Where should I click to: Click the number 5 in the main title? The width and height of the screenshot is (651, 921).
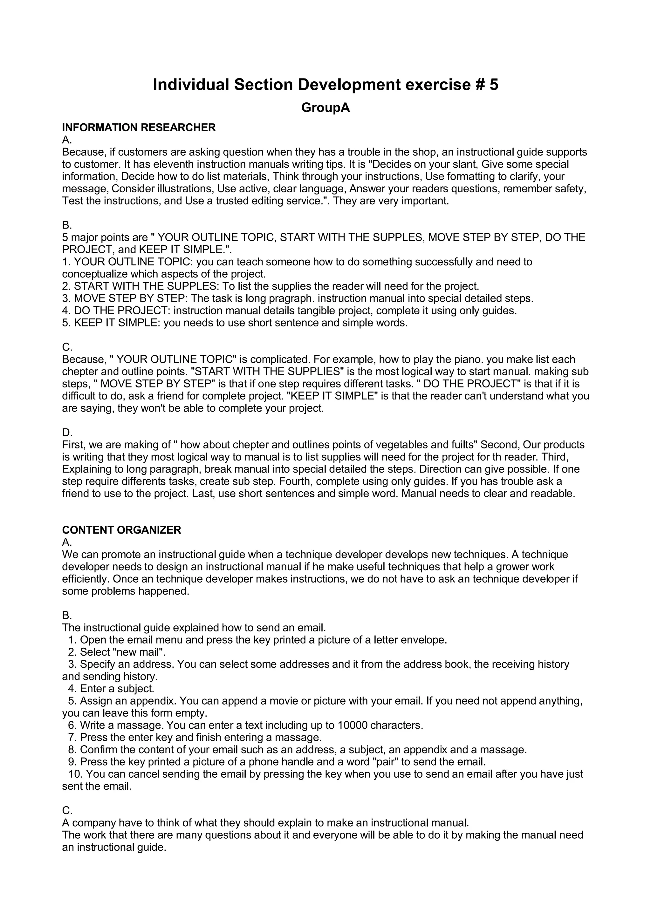point(493,85)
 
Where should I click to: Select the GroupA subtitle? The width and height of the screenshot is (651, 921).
point(325,108)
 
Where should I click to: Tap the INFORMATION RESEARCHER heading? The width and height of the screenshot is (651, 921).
point(139,127)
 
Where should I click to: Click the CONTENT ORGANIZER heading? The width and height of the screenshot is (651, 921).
point(121,530)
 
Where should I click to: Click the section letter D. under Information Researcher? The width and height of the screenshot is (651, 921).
point(67,433)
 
